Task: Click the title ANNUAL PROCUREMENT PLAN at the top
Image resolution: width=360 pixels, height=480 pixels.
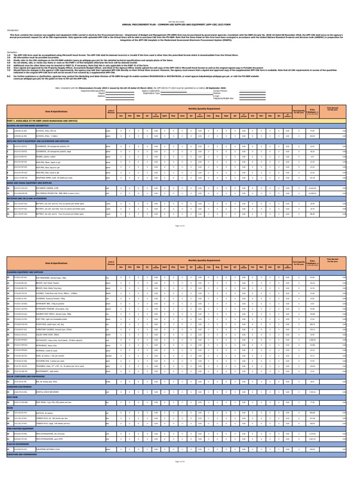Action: [x=180, y=23]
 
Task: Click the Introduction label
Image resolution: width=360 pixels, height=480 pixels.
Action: [x=13, y=30]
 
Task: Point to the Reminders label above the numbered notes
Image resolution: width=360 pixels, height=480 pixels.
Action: [x=12, y=52]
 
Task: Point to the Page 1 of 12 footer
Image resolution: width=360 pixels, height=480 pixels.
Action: [x=180, y=225]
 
